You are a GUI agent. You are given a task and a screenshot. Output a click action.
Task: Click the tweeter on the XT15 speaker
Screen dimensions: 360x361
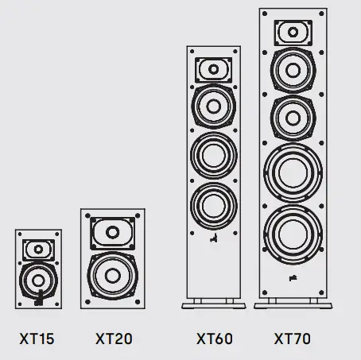click(x=37, y=250)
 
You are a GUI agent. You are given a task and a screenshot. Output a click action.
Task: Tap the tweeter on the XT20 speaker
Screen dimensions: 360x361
click(x=113, y=234)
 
